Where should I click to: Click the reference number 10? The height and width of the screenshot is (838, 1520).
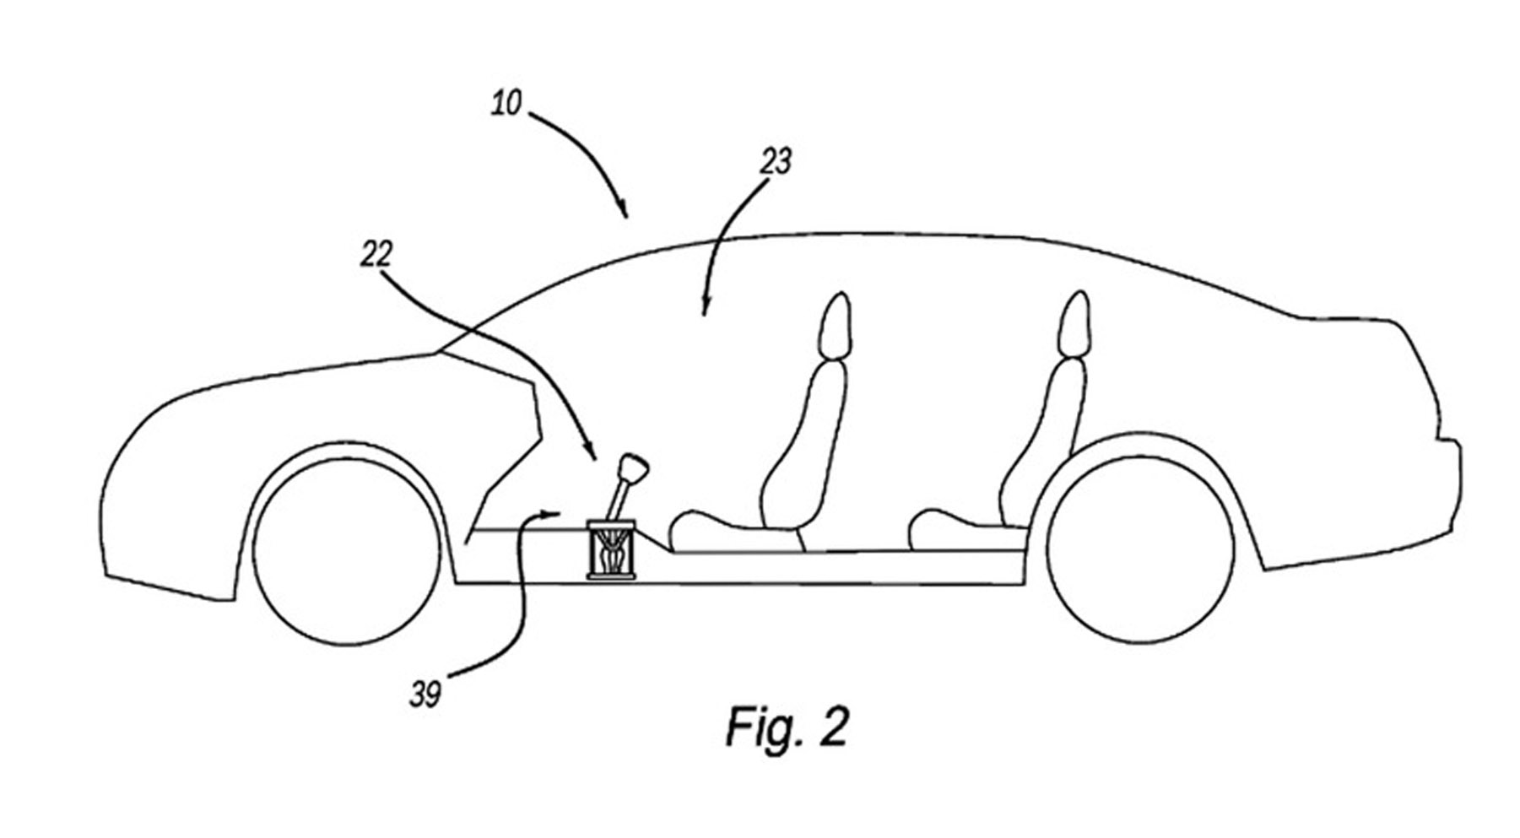pyautogui.click(x=508, y=105)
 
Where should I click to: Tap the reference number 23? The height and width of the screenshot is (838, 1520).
pyautogui.click(x=775, y=160)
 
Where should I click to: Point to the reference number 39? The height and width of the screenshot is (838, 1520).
pyautogui.click(x=425, y=695)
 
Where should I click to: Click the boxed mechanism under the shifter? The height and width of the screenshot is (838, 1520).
pyautogui.click(x=613, y=550)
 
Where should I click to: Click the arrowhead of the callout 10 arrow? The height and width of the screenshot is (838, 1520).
pyautogui.click(x=624, y=210)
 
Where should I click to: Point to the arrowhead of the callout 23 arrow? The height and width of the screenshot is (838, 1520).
pyautogui.click(x=706, y=309)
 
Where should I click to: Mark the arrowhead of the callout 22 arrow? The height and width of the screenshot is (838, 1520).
pyautogui.click(x=592, y=452)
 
